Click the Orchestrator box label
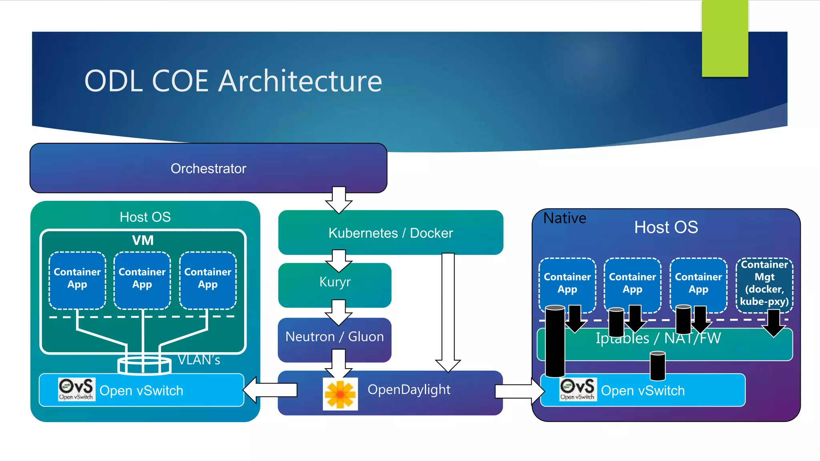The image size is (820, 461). coord(208,168)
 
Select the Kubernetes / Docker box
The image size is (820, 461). coord(390,233)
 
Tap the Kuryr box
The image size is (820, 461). coord(335,282)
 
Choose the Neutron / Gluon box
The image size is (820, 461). coord(334,337)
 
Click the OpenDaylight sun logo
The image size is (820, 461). coord(340,394)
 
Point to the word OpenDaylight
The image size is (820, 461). coord(409,389)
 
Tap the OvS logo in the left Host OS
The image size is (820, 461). coord(76,389)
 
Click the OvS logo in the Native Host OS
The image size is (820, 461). coord(578,389)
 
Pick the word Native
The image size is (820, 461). coord(565,218)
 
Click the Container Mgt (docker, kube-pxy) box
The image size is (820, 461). coord(764,283)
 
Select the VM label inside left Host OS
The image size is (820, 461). coord(143,240)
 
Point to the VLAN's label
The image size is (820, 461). coord(199,360)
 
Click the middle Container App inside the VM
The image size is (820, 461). coord(142,279)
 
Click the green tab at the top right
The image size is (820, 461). coord(725,38)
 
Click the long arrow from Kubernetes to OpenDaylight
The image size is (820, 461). coord(448,312)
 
